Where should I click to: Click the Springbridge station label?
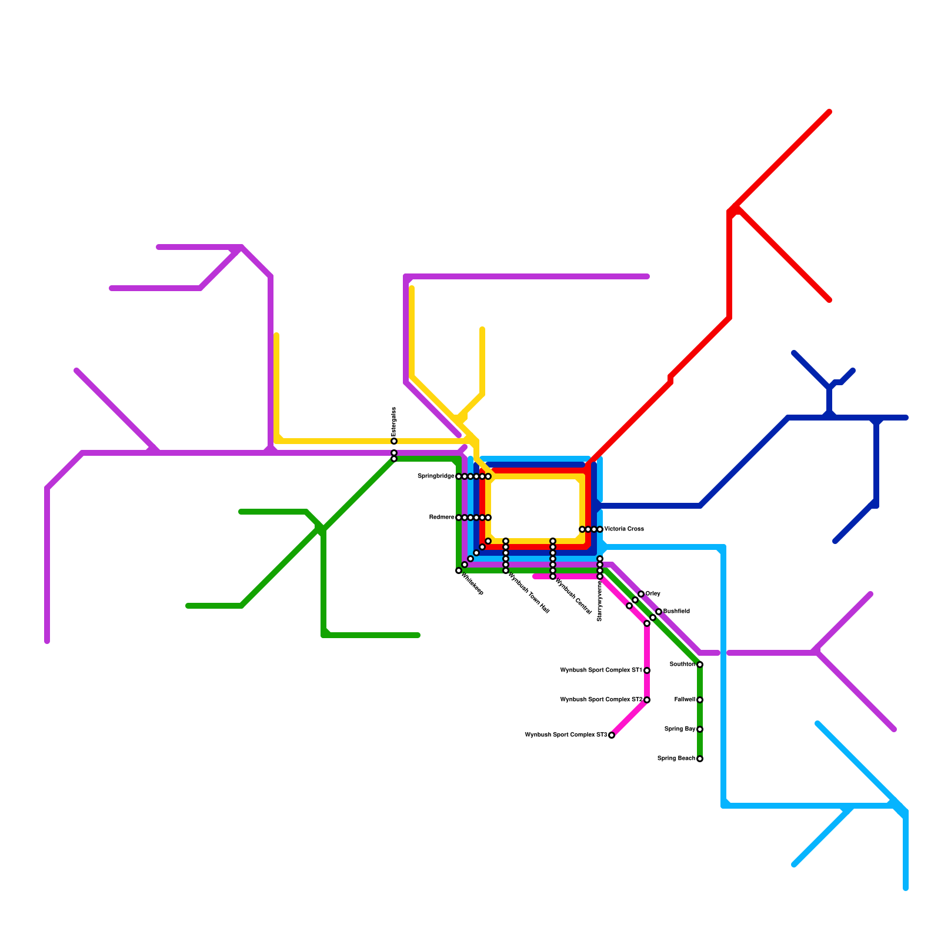436,476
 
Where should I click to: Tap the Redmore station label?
442,518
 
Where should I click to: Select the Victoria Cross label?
624,529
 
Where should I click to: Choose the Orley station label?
653,594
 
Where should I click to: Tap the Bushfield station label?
676,612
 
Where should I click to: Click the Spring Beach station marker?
700,759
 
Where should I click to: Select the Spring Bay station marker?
700,729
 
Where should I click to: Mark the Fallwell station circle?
700,700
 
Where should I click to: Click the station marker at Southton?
700,665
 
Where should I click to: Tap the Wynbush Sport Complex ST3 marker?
612,735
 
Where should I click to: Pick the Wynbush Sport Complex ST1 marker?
647,670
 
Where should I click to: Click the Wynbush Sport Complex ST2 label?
601,700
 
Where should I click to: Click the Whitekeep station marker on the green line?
459,570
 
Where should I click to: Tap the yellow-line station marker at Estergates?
394,441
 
